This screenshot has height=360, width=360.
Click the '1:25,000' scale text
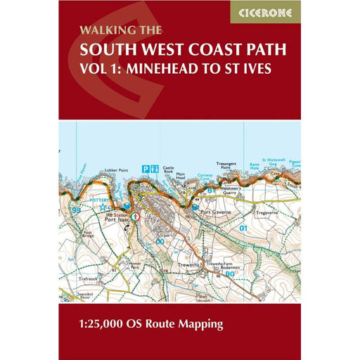[x=128, y=304]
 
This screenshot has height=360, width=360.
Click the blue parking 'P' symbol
[x=145, y=169]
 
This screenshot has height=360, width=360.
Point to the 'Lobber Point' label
[x=99, y=169]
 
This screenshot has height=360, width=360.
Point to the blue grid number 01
[x=244, y=229]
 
